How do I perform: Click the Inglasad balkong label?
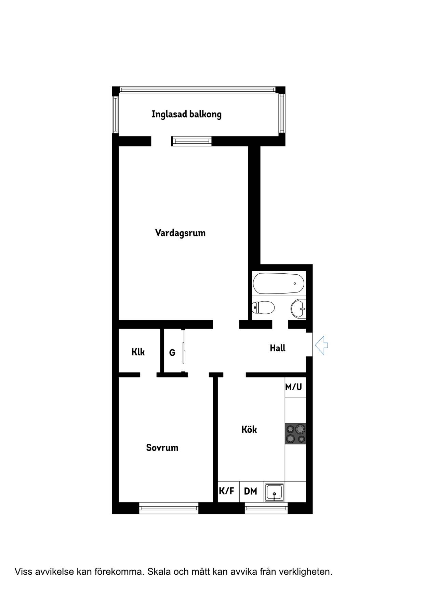[186, 114]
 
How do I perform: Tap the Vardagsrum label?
[180, 233]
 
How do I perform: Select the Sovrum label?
[162, 448]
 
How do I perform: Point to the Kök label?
[249, 429]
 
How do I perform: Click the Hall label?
[277, 348]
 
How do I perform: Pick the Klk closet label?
[138, 352]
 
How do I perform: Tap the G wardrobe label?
[172, 353]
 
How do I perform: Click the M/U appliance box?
[295, 387]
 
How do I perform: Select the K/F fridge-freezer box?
[228, 492]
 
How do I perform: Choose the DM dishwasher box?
[251, 492]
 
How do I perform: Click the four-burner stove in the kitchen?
[295, 434]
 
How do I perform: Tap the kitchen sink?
[274, 493]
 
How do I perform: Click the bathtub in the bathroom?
[279, 284]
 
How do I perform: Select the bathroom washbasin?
[298, 309]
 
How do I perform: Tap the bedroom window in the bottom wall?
[169, 508]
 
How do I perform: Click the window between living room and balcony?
[191, 141]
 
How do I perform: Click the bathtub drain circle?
[295, 284]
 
